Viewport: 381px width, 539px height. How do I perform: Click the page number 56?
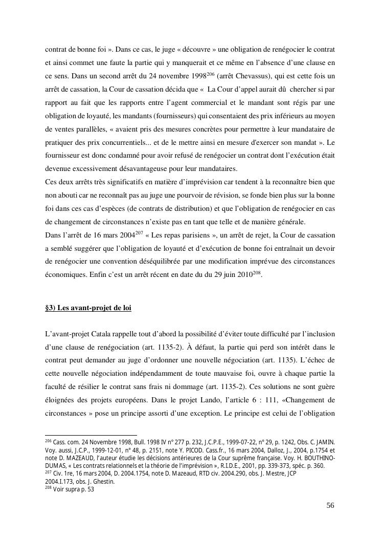(330, 506)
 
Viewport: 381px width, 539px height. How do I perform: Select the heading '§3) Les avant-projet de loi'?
(88, 308)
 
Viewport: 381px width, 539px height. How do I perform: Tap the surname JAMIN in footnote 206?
(323, 441)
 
